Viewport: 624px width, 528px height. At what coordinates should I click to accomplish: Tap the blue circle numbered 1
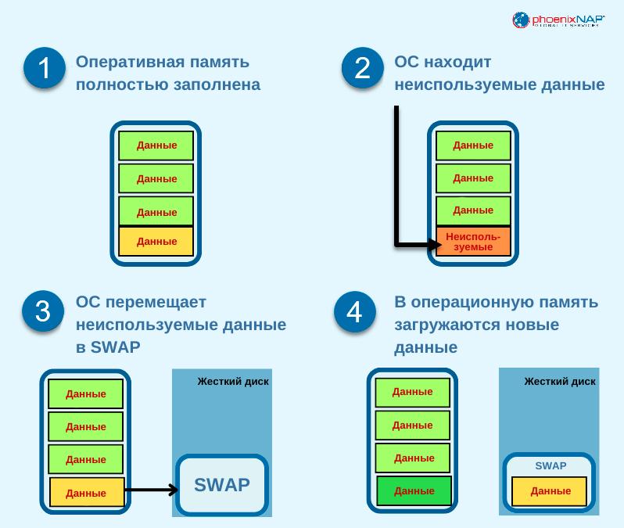tap(44, 70)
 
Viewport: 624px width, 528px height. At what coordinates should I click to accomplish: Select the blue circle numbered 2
tap(362, 70)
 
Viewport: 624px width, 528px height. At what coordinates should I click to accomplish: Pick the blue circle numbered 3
tap(44, 312)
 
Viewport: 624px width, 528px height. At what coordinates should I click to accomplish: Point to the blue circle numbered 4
tap(354, 312)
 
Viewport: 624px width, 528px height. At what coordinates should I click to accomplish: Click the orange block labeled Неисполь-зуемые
tap(473, 242)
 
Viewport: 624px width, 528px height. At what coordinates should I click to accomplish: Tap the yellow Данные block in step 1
tap(156, 242)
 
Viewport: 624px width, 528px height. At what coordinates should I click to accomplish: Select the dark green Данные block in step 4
tap(414, 491)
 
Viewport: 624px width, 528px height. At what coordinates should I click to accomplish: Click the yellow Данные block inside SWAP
tap(550, 491)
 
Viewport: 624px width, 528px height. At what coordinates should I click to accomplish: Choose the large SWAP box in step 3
tap(222, 484)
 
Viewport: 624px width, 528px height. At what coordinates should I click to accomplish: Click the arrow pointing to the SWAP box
tap(152, 491)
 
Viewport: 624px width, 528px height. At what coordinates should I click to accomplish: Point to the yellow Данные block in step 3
tap(86, 493)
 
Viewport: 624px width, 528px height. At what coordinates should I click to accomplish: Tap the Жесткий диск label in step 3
tap(233, 383)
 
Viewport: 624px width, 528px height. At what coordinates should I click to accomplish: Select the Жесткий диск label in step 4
tap(560, 382)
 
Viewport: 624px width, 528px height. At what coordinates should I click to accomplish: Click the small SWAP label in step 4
tap(550, 465)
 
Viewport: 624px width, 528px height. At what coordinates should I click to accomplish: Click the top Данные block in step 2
tap(473, 145)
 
